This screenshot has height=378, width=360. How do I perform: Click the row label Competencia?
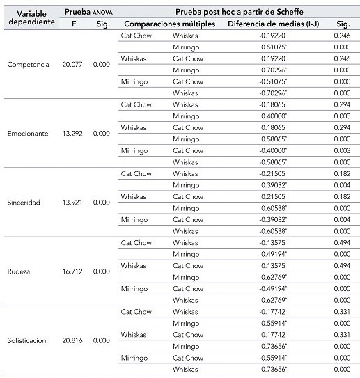pos(28,64)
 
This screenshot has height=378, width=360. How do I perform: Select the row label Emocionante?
pos(28,133)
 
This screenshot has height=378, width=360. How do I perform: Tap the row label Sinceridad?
pos(24,203)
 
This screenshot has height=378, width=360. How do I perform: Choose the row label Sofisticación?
pos(26,340)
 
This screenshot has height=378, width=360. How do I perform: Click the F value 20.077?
pos(72,64)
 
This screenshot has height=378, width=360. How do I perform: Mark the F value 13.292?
pos(72,133)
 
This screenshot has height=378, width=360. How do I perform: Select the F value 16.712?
pos(72,271)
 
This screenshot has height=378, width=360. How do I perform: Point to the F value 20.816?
pos(72,340)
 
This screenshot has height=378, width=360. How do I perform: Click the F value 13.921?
pos(72,203)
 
